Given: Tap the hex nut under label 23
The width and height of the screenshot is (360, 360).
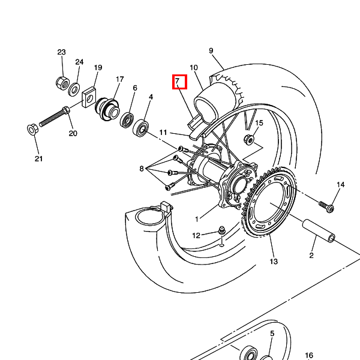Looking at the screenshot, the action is (x=62, y=83).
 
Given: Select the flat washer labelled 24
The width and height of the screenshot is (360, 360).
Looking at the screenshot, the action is (x=74, y=89).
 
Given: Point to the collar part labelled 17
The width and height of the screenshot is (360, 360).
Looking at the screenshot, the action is (x=107, y=109).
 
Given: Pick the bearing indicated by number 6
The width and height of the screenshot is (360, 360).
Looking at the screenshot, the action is (x=127, y=119).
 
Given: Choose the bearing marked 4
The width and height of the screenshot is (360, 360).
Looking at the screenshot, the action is (x=140, y=128).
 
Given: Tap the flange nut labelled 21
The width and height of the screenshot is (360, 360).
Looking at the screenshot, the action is (x=32, y=130).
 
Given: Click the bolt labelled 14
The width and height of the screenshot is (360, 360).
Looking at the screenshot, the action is (x=326, y=206).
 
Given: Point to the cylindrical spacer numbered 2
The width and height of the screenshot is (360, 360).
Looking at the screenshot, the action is (x=318, y=231).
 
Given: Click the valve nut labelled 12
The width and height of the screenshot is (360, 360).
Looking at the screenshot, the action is (x=221, y=230).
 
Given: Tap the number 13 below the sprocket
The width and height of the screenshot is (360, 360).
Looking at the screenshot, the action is (x=274, y=262).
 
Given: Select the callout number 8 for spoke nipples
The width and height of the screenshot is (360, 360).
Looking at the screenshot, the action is (x=142, y=169).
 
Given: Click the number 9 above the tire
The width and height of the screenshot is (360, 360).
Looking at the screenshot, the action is (x=211, y=51).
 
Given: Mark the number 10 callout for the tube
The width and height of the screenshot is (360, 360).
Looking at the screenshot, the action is (x=194, y=68).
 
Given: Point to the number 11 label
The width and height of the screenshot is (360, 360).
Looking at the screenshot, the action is (x=163, y=133).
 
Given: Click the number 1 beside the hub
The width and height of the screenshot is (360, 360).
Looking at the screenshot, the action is (x=197, y=219).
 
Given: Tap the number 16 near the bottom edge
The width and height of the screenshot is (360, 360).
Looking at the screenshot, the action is (x=309, y=356).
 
